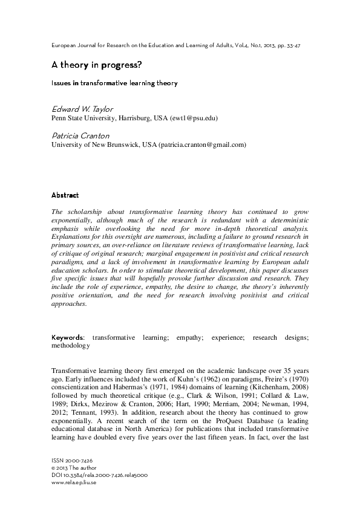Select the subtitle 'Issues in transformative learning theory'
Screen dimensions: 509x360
pos(114,83)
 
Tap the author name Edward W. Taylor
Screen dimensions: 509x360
pos(82,109)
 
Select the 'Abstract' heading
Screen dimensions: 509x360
pos(65,195)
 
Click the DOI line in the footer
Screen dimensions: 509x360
pos(100,475)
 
